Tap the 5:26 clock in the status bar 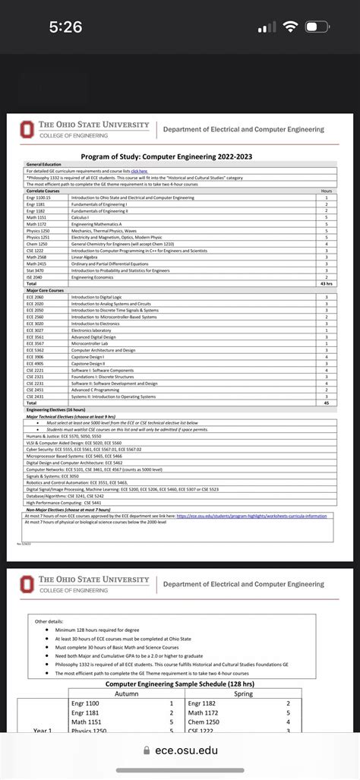pyautogui.click(x=65, y=27)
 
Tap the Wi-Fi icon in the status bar pyautogui.click(x=289, y=27)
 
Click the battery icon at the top pyautogui.click(x=317, y=27)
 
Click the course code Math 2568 pyautogui.click(x=36, y=257)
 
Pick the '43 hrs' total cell pyautogui.click(x=327, y=283)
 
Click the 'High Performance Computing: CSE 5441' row pyautogui.click(x=65, y=502)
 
